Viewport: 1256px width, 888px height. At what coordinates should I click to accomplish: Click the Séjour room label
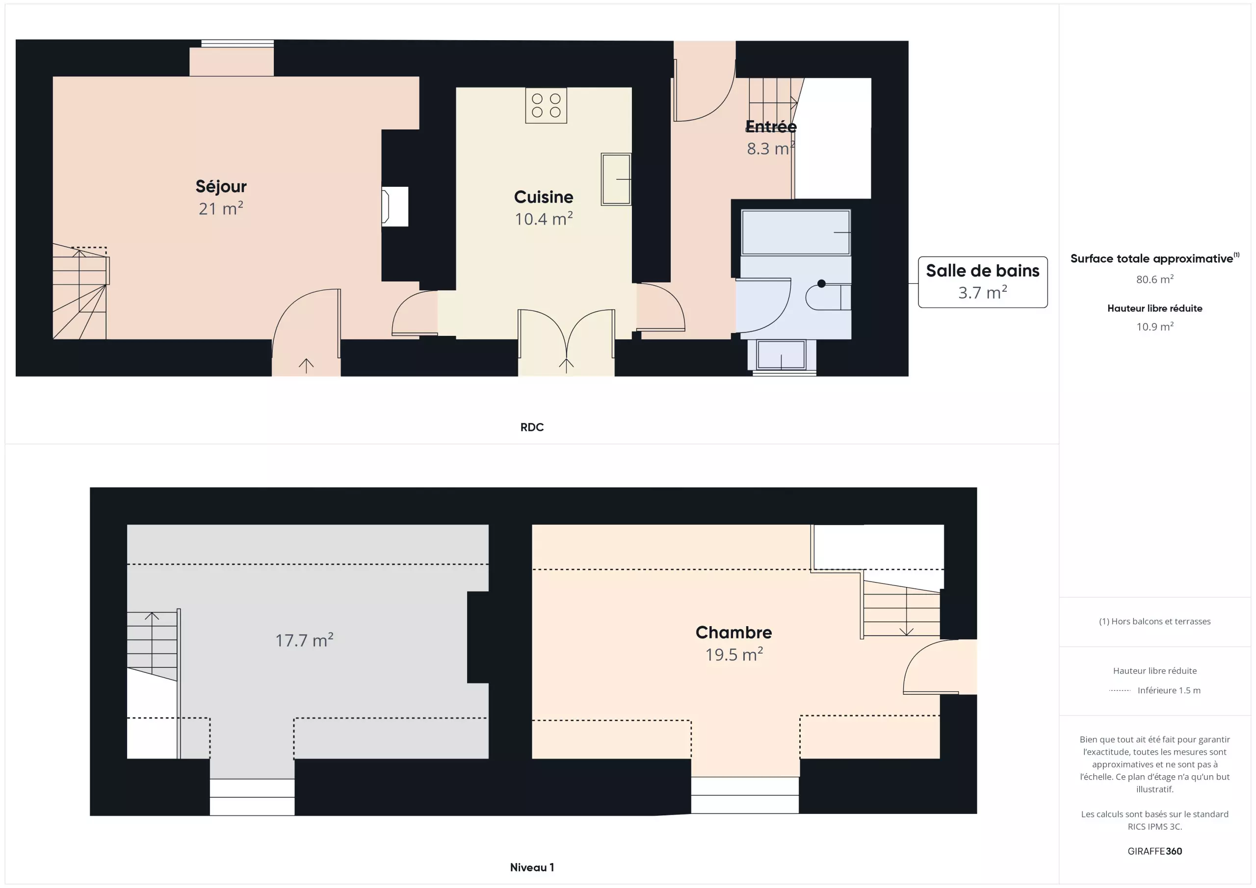(221, 186)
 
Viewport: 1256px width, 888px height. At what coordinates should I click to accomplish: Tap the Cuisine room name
(544, 197)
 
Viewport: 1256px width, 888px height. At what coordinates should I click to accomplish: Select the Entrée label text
(771, 127)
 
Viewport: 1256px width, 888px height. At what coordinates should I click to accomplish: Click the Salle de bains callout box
(983, 282)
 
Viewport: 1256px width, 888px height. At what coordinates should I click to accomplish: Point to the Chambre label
(733, 632)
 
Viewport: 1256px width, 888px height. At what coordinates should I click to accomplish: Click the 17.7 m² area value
(304, 640)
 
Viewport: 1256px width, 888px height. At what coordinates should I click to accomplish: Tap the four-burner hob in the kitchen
(546, 105)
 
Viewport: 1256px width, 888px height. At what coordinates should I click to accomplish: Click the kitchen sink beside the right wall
(616, 179)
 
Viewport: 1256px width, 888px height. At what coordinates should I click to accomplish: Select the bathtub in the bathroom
(795, 232)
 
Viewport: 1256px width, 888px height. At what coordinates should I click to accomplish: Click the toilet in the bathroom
(828, 297)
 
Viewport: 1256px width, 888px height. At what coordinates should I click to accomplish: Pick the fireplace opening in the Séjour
(394, 206)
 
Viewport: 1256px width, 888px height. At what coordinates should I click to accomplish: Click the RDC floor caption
(532, 427)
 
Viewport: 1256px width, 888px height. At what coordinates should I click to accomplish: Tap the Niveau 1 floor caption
(532, 867)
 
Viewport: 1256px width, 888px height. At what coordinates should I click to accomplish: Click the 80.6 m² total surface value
(1155, 279)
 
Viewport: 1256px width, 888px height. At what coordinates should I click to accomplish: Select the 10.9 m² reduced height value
(1155, 327)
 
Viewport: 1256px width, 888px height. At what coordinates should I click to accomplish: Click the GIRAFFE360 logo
(1155, 851)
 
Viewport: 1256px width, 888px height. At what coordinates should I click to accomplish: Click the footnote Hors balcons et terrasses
(1155, 621)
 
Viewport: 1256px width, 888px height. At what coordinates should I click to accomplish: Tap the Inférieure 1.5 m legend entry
(1169, 690)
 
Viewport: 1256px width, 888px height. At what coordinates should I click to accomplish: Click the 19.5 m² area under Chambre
(733, 654)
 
